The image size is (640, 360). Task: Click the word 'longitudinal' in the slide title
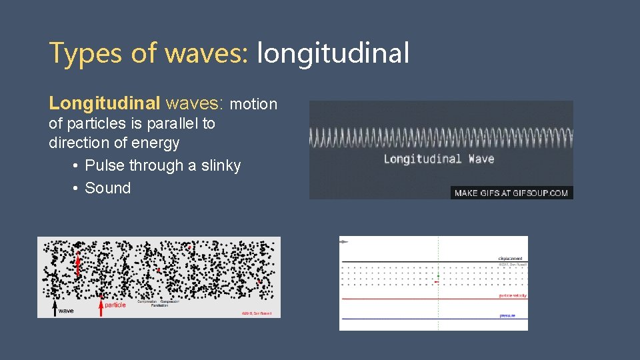pyautogui.click(x=333, y=53)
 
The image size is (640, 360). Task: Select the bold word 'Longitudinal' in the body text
pyautogui.click(x=105, y=103)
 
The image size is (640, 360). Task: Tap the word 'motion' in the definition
pyautogui.click(x=253, y=104)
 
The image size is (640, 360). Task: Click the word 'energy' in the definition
pyautogui.click(x=157, y=143)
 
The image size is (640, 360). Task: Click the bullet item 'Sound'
pyautogui.click(x=107, y=188)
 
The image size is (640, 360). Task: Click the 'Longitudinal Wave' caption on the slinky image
pyautogui.click(x=439, y=159)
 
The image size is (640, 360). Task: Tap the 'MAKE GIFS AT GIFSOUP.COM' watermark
pyautogui.click(x=511, y=193)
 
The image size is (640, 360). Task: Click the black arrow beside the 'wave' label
pyautogui.click(x=54, y=305)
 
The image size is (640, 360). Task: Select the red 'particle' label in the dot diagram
pyautogui.click(x=115, y=305)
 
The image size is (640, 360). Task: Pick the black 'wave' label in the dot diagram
pyautogui.click(x=66, y=311)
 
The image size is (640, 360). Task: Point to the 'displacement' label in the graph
pyautogui.click(x=510, y=259)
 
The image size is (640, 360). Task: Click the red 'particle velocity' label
pyautogui.click(x=512, y=295)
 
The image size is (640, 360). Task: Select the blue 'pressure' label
pyautogui.click(x=507, y=315)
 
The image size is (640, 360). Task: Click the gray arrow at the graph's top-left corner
pyautogui.click(x=344, y=241)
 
